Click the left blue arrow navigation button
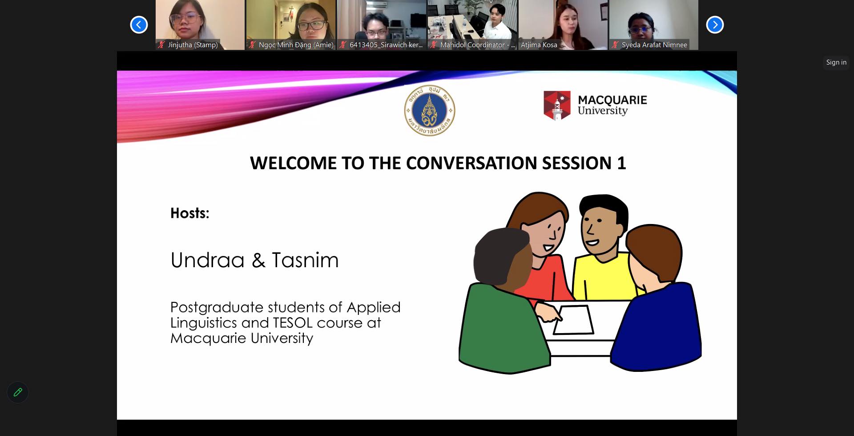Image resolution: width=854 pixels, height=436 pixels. click(x=139, y=24)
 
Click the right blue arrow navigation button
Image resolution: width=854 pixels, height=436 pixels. click(x=715, y=24)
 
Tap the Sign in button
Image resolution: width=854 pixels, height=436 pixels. click(x=836, y=62)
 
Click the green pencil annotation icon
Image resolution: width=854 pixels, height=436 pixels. click(x=18, y=392)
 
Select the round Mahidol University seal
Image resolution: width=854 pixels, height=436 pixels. click(x=430, y=110)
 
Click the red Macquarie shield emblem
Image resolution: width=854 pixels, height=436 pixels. click(x=557, y=106)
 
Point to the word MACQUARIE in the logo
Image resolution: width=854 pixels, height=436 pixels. click(x=612, y=100)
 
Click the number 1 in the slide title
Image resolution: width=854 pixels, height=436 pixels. click(x=621, y=163)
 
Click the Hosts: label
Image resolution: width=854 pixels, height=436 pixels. click(x=190, y=213)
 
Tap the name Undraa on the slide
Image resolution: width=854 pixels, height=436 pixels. click(x=208, y=260)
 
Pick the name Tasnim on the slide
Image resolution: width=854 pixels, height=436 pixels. click(x=305, y=260)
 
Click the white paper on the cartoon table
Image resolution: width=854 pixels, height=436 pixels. click(x=574, y=320)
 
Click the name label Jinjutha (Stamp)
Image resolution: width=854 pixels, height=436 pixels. click(x=193, y=45)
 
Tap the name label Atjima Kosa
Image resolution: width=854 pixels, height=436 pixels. click(x=539, y=45)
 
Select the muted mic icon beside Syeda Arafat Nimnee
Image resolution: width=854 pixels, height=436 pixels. click(x=615, y=45)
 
